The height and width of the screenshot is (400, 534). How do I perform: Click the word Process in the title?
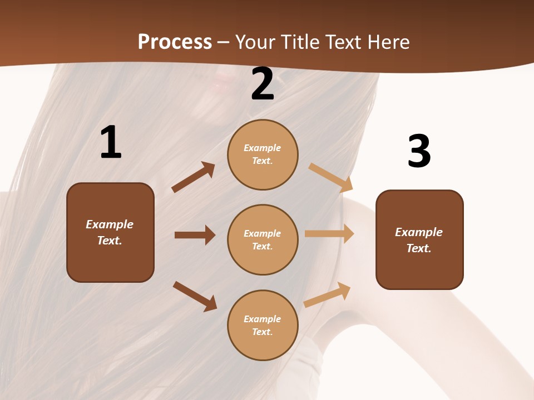pyautogui.click(x=175, y=42)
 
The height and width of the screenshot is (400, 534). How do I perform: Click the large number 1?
pyautogui.click(x=111, y=143)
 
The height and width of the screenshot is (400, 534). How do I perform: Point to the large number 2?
pyautogui.click(x=263, y=84)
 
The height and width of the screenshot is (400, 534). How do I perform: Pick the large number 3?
pyautogui.click(x=419, y=151)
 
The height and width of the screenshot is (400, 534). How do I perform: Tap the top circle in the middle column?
pyautogui.click(x=263, y=154)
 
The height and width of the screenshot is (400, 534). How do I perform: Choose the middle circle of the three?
pyautogui.click(x=263, y=240)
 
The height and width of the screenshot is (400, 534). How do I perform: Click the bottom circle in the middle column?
pyautogui.click(x=263, y=326)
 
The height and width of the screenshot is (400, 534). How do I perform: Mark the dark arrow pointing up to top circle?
pyautogui.click(x=193, y=177)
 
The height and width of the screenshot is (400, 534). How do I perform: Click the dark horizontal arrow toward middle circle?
pyautogui.click(x=195, y=235)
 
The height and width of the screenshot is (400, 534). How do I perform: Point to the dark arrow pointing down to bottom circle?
pyautogui.click(x=195, y=296)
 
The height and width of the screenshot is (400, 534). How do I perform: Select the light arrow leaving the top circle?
pyautogui.click(x=331, y=177)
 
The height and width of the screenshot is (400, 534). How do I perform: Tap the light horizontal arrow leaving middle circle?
pyautogui.click(x=329, y=234)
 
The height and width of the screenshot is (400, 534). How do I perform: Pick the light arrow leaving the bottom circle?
pyautogui.click(x=327, y=294)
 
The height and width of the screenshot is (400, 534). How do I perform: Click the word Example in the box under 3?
pyautogui.click(x=419, y=232)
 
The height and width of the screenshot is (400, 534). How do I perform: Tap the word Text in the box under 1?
pyautogui.click(x=109, y=241)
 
